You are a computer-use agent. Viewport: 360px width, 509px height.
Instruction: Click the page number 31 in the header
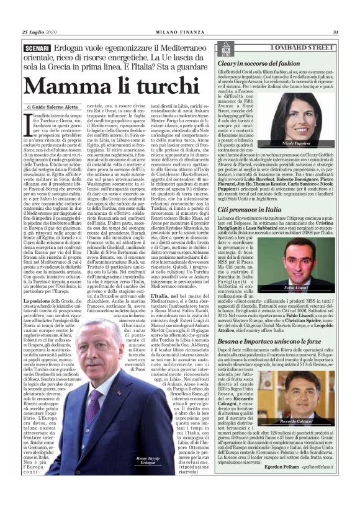coord(335,33)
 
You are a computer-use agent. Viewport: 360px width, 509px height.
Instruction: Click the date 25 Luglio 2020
coord(39,33)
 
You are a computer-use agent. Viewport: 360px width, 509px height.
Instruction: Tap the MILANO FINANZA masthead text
coord(179,33)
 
